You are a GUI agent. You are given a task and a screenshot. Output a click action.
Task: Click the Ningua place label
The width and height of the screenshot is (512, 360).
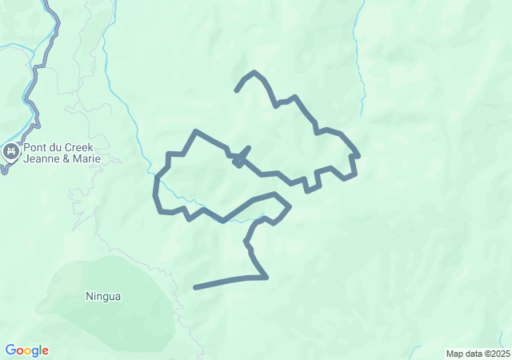pyautogui.click(x=103, y=297)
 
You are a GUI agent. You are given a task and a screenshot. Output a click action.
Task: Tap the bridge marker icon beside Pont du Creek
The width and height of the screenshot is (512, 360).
pyautogui.click(x=11, y=152)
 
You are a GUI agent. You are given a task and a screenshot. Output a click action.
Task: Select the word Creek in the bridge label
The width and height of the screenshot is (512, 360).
pyautogui.click(x=78, y=147)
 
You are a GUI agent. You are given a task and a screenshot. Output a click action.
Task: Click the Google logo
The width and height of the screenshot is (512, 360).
pyautogui.click(x=26, y=350)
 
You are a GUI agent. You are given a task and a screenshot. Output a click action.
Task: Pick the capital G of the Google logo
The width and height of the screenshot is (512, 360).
pyautogui.click(x=10, y=350)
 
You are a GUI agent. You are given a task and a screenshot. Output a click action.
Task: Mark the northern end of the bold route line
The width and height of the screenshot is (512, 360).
pyautogui.click(x=236, y=90)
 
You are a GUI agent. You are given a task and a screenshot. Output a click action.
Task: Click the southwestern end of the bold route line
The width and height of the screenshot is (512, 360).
pyautogui.click(x=195, y=287)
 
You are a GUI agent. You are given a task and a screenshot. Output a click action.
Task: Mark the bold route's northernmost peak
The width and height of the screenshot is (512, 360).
pyautogui.click(x=254, y=72)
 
